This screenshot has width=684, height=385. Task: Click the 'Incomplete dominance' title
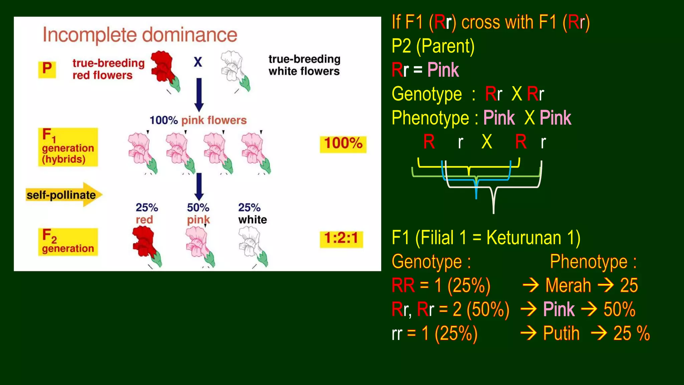point(140,35)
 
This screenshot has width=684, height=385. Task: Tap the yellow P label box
point(47,69)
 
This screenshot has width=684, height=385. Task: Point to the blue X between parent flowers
point(198,62)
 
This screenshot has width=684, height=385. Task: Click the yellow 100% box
point(343,144)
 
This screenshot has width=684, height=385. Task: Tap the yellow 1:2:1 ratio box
point(341,239)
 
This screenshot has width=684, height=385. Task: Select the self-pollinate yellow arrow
point(63,195)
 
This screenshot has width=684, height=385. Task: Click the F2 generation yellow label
point(68,242)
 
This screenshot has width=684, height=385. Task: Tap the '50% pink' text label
point(198,214)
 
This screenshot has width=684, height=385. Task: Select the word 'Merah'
point(568,286)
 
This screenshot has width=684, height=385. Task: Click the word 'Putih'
point(561,333)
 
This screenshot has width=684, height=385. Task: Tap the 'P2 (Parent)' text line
point(433,46)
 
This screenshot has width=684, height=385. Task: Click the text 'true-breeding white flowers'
point(304,65)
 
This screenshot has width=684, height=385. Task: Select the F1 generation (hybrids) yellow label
point(68,147)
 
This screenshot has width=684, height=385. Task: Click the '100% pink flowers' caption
point(198,120)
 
